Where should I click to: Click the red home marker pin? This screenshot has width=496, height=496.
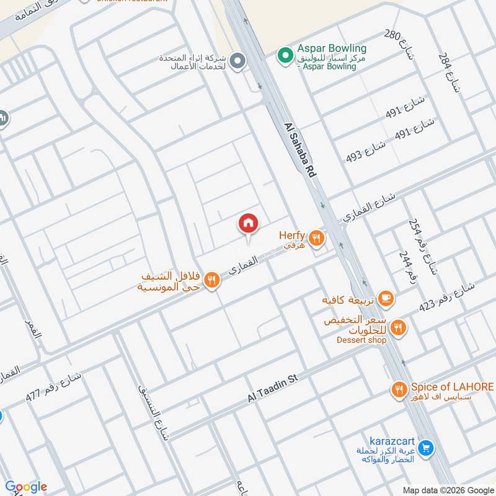[249, 224]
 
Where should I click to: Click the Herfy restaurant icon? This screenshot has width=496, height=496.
[317, 237]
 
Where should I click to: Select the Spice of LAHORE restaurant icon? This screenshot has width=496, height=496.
[399, 390]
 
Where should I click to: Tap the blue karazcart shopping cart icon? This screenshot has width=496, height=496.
[426, 447]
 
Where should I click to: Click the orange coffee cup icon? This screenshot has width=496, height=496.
[386, 299]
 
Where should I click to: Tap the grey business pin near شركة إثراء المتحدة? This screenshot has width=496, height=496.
[236, 61]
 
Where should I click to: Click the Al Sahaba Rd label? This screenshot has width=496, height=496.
[301, 151]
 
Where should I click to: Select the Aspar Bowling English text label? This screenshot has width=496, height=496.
[331, 48]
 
